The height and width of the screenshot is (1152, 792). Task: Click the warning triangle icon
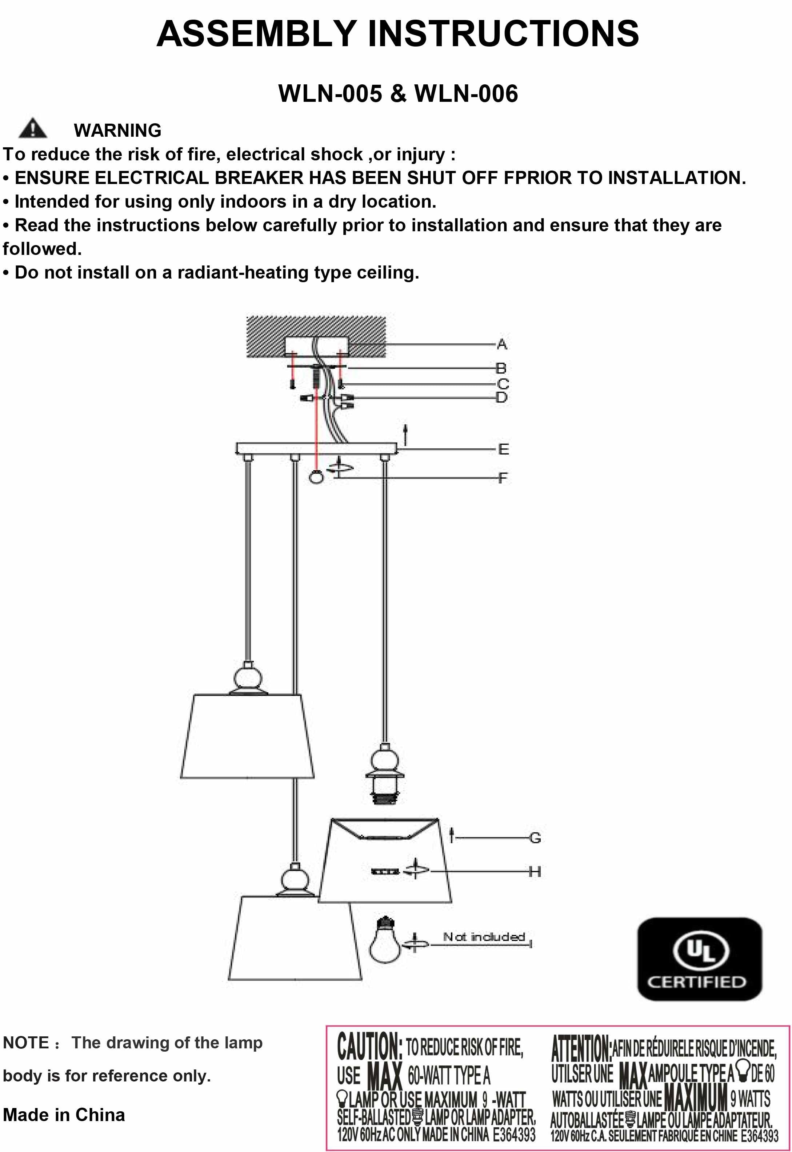pos(33,128)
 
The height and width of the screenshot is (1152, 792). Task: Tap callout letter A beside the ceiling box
pos(502,344)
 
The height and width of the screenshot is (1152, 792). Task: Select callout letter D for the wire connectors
pos(502,397)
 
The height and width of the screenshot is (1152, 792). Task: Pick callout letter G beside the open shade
pos(535,837)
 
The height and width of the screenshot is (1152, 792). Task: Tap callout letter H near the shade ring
pos(535,871)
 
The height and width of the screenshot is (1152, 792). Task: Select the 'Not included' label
pos(484,937)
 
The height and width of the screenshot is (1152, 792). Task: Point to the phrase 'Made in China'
pos(64,1115)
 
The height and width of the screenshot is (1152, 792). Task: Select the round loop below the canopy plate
pos(316,477)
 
